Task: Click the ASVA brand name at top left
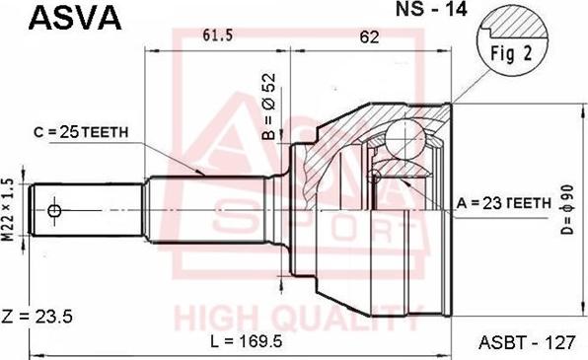pos(75,18)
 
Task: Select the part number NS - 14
pos(431,10)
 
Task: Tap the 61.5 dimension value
pos(217,35)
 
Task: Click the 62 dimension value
pos(369,36)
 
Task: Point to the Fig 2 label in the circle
pos(511,53)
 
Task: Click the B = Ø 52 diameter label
pos(269,107)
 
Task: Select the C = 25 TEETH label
pos(81,132)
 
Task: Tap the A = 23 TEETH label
pos(503,203)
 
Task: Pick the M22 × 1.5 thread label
pos(9,210)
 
